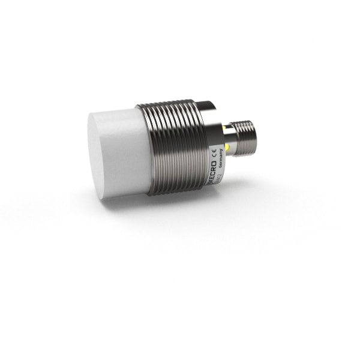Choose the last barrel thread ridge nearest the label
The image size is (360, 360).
(202, 147)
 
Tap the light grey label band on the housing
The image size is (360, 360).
(216, 150)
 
